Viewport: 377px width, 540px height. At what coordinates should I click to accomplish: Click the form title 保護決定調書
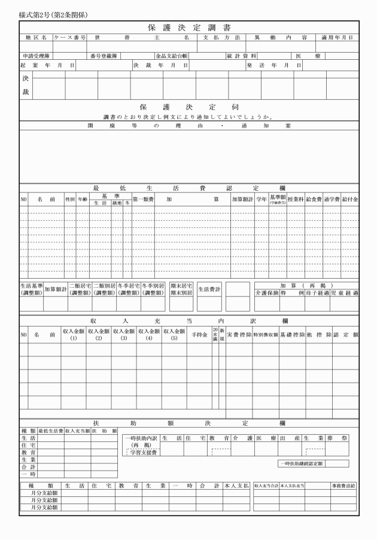click(x=188, y=28)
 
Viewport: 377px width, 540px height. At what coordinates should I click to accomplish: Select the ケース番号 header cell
click(x=70, y=37)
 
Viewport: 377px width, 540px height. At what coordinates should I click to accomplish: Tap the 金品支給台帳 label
click(x=172, y=55)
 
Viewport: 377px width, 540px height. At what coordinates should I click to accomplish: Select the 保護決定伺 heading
click(x=189, y=106)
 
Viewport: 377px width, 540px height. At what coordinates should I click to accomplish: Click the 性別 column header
click(x=70, y=199)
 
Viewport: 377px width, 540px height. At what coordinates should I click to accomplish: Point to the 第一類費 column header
click(x=143, y=199)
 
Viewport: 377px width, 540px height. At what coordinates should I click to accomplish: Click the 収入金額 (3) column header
click(x=124, y=334)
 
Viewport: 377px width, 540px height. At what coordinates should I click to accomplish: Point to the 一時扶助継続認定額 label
click(x=300, y=463)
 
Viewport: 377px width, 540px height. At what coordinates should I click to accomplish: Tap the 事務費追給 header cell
click(x=344, y=486)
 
